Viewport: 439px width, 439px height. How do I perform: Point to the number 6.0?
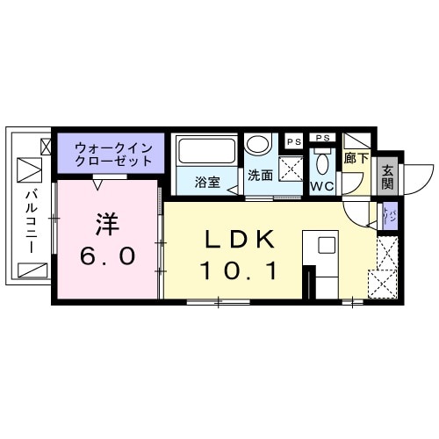click(106, 256)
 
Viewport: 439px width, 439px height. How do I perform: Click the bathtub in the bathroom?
click(206, 152)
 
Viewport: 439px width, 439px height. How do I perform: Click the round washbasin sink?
click(258, 145)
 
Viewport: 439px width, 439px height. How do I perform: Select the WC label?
click(320, 186)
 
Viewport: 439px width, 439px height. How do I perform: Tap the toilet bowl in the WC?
click(322, 162)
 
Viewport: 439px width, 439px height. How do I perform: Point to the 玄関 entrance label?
click(386, 177)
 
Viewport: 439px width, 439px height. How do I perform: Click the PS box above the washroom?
click(291, 139)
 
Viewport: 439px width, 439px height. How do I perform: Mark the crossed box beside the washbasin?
click(292, 166)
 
